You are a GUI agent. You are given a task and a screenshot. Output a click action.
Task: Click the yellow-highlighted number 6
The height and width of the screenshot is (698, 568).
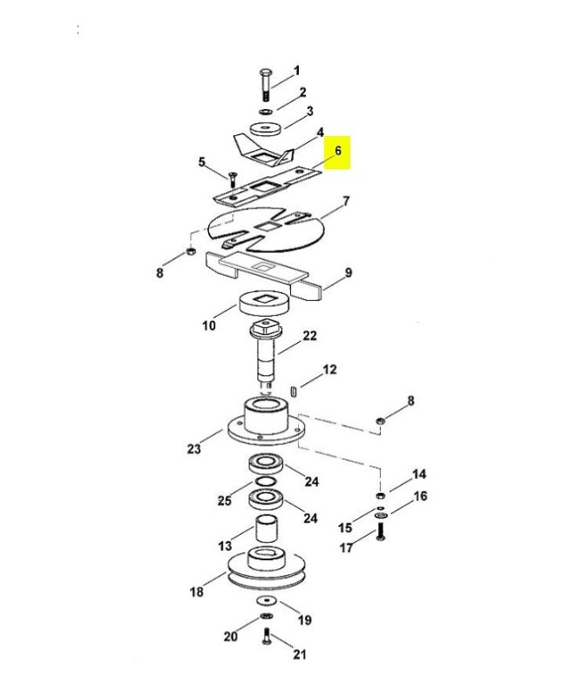click(339, 150)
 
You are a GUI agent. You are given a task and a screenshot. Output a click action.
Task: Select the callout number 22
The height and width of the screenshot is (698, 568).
click(310, 336)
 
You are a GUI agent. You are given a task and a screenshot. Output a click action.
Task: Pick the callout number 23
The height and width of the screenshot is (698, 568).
click(193, 449)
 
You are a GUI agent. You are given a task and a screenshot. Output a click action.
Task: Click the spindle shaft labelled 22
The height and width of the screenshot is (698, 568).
click(266, 353)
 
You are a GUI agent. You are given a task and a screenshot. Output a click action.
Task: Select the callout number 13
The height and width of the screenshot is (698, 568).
click(225, 545)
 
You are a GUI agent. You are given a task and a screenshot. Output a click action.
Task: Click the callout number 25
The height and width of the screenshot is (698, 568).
click(225, 501)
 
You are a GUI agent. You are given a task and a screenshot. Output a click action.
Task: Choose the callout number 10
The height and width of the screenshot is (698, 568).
click(208, 326)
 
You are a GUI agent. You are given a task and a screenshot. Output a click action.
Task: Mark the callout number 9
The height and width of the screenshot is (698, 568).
click(348, 274)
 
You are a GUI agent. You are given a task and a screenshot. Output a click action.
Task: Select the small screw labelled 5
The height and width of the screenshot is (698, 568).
click(234, 178)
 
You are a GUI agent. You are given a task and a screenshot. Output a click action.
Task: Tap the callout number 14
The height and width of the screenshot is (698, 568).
click(419, 475)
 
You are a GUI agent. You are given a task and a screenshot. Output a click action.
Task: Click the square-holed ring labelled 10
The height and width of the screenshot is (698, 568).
click(264, 305)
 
